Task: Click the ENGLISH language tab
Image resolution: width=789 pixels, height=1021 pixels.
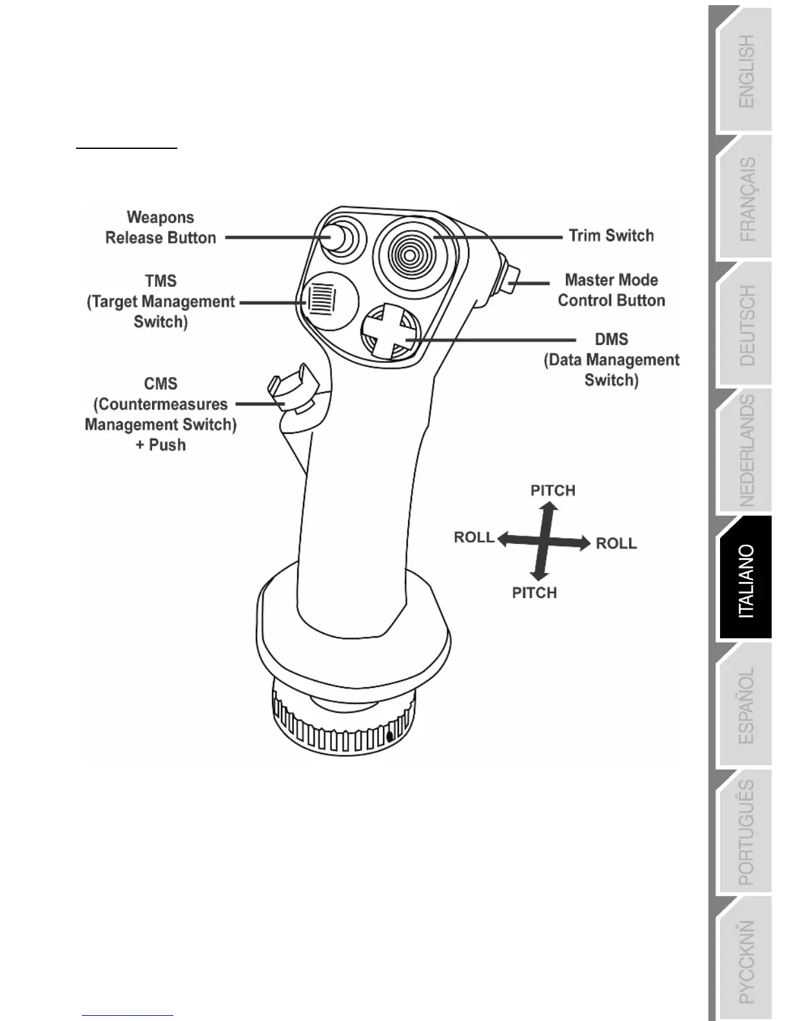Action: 746,71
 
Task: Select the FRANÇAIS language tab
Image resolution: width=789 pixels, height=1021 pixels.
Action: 746,199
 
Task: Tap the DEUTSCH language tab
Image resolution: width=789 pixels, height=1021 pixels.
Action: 746,326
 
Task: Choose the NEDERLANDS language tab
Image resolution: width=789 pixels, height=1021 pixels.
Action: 746,451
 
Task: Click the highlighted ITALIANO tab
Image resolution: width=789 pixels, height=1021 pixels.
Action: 746,581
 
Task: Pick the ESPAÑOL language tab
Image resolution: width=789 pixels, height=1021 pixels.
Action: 746,706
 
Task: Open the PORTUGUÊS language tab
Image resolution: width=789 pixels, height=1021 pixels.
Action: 746,832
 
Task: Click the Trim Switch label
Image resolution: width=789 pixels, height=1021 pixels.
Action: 610,236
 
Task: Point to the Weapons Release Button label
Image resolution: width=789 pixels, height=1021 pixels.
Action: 161,228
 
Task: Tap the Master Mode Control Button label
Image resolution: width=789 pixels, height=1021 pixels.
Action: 611,290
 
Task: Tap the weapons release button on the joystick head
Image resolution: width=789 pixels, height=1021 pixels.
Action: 336,237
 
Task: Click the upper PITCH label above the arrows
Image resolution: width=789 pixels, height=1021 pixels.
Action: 552,491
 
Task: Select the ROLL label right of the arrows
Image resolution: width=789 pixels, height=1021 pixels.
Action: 616,543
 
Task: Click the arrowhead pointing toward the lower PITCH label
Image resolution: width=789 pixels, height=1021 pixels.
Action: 538,574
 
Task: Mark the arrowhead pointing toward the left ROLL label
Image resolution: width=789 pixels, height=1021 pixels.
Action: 503,540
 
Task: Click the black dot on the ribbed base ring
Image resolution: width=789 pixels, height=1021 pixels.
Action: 389,735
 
